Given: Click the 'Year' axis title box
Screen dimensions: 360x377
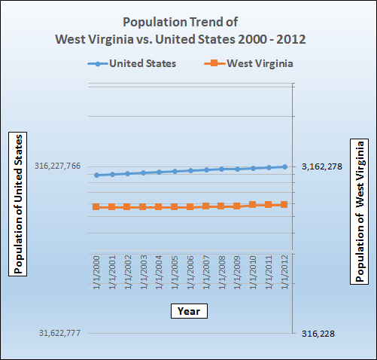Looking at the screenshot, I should [188, 310].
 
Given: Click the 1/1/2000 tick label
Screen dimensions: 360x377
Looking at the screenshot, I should [96, 273].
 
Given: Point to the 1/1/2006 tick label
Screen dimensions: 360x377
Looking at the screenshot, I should [190, 273].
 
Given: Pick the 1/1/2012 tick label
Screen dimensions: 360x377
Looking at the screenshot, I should [284, 273].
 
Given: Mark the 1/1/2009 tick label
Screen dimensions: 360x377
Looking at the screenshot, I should [237, 273].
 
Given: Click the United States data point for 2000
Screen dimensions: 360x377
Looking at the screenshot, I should [96, 175].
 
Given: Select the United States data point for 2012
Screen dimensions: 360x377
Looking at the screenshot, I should [284, 166].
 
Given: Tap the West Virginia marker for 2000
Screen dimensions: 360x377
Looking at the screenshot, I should [96, 206].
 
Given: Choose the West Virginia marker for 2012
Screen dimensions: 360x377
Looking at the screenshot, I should [284, 204].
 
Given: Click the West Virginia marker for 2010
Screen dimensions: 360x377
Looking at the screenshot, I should [253, 205].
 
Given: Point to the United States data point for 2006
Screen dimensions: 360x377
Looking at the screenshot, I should [190, 171].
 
